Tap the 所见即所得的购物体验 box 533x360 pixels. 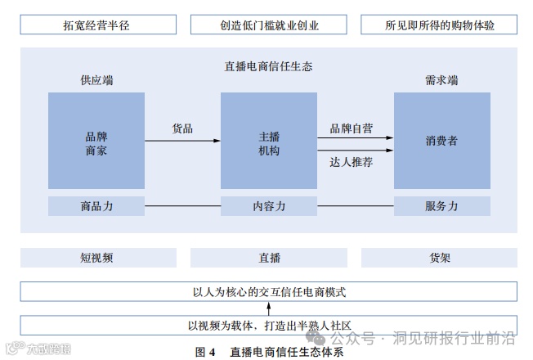pyautogui.click(x=439, y=25)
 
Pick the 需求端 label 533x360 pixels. pyautogui.click(x=441, y=80)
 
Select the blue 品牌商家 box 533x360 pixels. pyautogui.click(x=96, y=141)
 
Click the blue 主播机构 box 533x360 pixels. pyautogui.click(x=269, y=141)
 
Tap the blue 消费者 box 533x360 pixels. pyautogui.click(x=441, y=141)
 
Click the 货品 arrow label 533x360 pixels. pyautogui.click(x=182, y=128)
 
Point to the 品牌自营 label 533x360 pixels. pyautogui.click(x=352, y=128)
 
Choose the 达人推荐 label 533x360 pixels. pyautogui.click(x=352, y=162)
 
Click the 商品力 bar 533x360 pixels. pyautogui.click(x=96, y=206)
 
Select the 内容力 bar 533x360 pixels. pyautogui.click(x=269, y=206)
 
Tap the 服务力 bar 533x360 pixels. pyautogui.click(x=441, y=206)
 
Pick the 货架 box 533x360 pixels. pyautogui.click(x=439, y=258)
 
